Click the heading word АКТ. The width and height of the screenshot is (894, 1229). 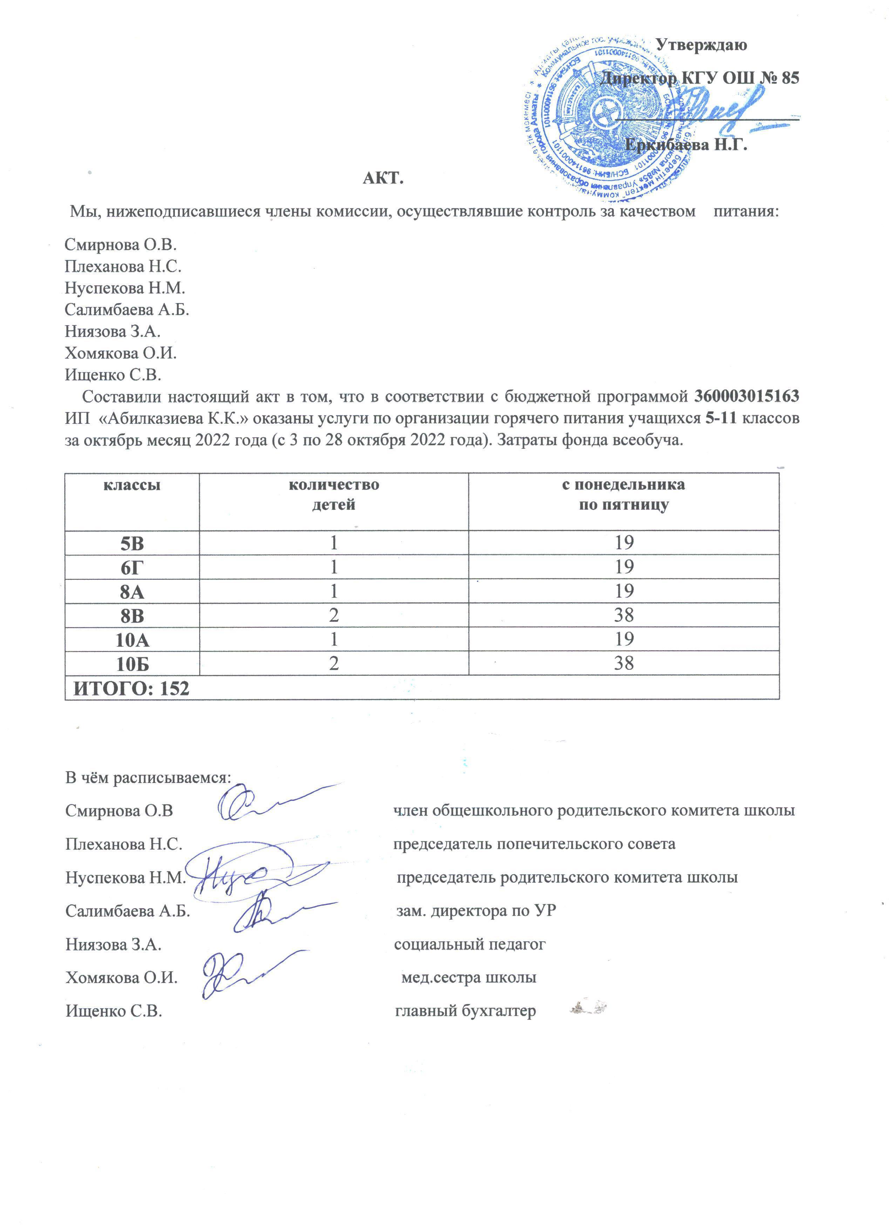(x=383, y=178)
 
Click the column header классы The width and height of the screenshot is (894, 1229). (x=132, y=485)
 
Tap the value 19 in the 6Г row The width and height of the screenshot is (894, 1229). (x=624, y=567)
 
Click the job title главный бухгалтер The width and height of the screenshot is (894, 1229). (x=465, y=1011)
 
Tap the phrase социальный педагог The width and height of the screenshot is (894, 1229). (x=469, y=945)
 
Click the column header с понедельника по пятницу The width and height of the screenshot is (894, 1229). (x=623, y=494)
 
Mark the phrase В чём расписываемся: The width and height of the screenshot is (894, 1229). (x=148, y=778)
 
